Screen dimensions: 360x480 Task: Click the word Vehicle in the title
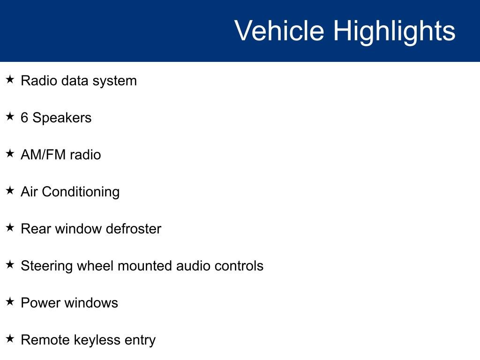coord(279,31)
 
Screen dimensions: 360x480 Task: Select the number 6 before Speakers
coord(24,118)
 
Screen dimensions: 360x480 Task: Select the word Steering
coord(47,266)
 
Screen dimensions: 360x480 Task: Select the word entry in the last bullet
coord(140,340)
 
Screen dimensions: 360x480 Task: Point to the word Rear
coord(36,229)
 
